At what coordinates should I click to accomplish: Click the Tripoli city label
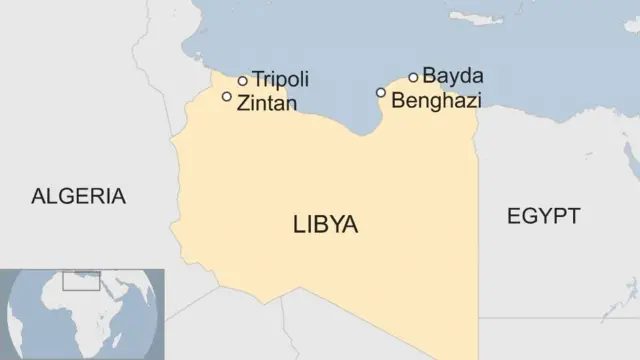[280, 79]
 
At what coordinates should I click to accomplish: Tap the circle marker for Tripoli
[242, 81]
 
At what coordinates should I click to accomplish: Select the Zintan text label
[266, 102]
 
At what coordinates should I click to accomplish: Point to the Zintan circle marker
[227, 97]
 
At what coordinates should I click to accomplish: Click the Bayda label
[453, 75]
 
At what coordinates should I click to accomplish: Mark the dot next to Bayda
[413, 77]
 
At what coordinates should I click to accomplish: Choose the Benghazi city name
[437, 100]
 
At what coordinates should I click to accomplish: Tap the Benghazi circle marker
[381, 92]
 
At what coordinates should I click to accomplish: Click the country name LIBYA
[325, 225]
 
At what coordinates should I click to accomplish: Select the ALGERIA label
[79, 196]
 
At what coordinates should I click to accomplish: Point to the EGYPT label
[543, 216]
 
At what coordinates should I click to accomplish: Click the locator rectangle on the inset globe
[81, 280]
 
